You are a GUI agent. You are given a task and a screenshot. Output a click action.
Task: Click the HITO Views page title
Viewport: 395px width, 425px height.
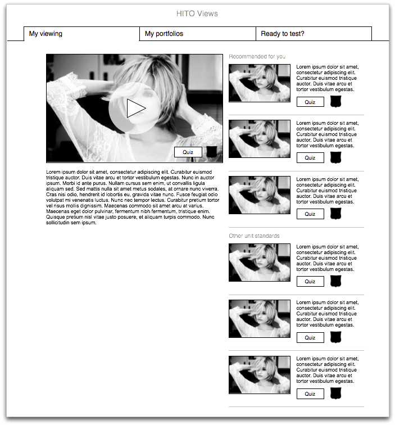pyautogui.click(x=197, y=13)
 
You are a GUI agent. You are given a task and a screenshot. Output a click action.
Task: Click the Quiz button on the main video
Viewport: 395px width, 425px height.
pyautogui.click(x=188, y=152)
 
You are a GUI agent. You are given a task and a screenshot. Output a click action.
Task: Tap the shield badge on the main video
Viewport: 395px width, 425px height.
pyautogui.click(x=212, y=152)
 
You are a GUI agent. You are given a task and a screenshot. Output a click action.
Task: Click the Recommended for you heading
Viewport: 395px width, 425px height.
pyautogui.click(x=257, y=57)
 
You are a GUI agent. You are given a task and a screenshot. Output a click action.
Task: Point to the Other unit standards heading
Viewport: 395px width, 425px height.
pyautogui.click(x=254, y=236)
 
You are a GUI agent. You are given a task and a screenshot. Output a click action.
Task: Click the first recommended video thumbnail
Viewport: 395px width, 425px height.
pyautogui.click(x=260, y=83)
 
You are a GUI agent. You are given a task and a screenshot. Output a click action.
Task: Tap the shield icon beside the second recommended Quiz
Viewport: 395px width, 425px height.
pyautogui.click(x=335, y=158)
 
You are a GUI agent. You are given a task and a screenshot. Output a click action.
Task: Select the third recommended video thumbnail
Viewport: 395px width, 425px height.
pyautogui.click(x=260, y=195)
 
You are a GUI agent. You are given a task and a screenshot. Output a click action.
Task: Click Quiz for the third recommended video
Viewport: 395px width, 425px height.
pyautogui.click(x=310, y=214)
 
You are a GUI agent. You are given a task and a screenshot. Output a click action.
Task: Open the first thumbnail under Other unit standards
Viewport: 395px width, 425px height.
pyautogui.click(x=260, y=263)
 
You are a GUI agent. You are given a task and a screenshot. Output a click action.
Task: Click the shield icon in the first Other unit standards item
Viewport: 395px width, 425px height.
pyautogui.click(x=335, y=281)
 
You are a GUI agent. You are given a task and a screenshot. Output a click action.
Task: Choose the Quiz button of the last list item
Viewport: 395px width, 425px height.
pyautogui.click(x=310, y=394)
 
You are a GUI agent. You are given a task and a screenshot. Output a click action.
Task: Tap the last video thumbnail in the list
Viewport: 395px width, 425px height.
pyautogui.click(x=260, y=375)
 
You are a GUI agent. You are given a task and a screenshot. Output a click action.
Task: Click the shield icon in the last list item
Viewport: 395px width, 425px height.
pyautogui.click(x=335, y=394)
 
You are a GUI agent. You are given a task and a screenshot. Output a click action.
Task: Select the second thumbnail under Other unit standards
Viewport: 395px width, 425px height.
pyautogui.click(x=260, y=319)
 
